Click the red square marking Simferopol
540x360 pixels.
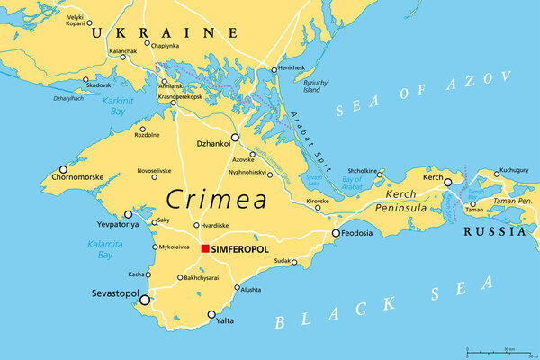click(205, 248)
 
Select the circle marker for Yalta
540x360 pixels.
click(211, 315)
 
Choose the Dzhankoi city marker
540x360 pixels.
click(235, 139)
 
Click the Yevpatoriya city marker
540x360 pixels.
click(128, 214)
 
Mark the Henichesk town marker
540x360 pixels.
click(274, 69)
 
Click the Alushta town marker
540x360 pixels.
click(238, 288)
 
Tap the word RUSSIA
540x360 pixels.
click(494, 231)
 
